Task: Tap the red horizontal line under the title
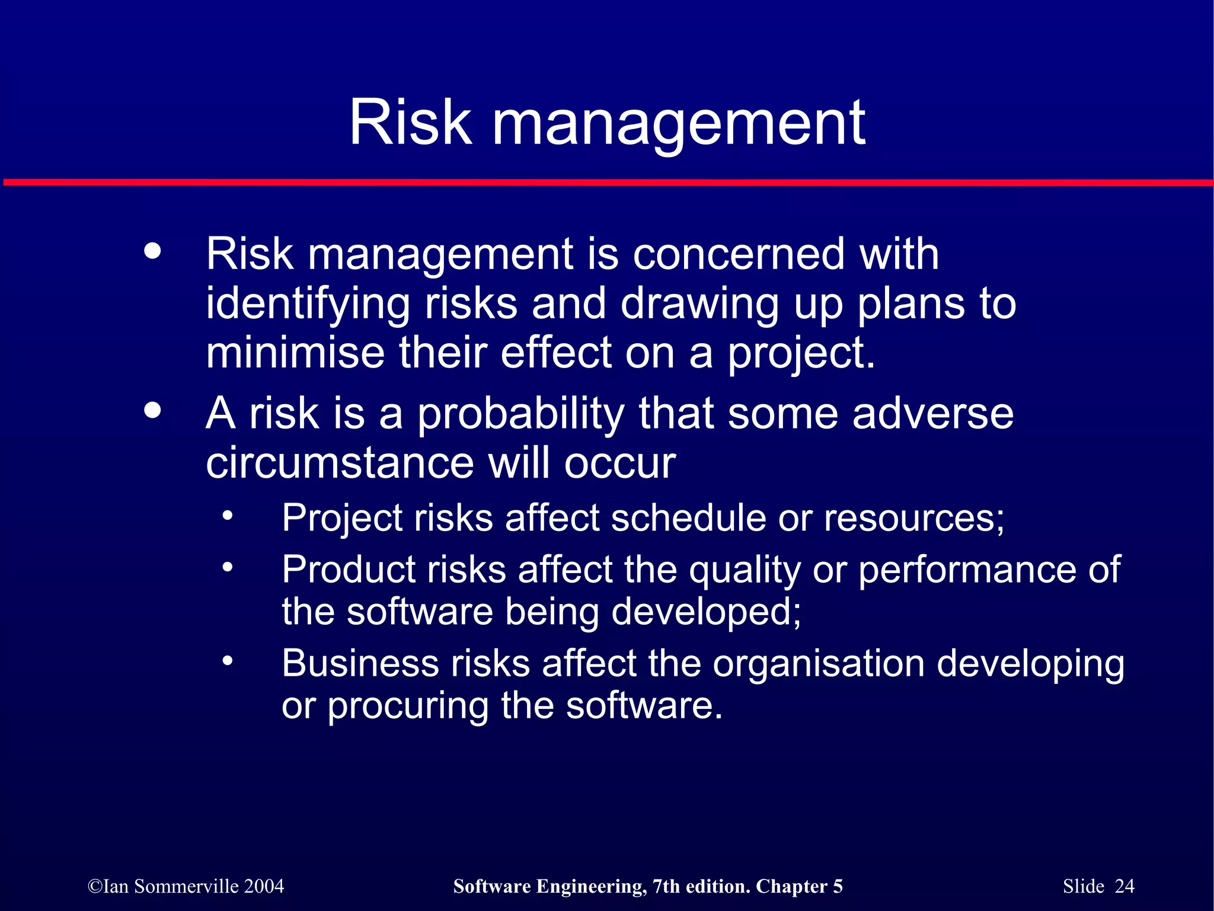(x=607, y=183)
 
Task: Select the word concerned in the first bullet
(x=738, y=254)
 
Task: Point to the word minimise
(x=295, y=353)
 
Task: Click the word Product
(x=349, y=570)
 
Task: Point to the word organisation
(x=818, y=664)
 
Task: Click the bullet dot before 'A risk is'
(x=152, y=410)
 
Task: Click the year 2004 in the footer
(x=264, y=886)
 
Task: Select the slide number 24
(x=1124, y=886)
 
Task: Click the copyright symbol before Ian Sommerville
(x=95, y=887)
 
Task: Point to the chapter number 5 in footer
(x=838, y=886)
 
